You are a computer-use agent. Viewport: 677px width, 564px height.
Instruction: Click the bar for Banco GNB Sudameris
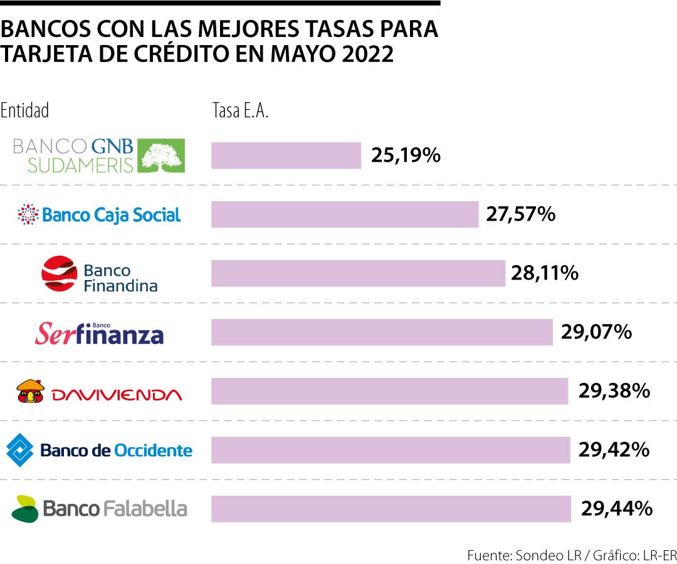(x=286, y=155)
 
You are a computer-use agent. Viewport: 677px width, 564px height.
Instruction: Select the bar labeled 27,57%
(x=345, y=214)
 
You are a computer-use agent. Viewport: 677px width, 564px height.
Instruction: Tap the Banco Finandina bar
(x=358, y=273)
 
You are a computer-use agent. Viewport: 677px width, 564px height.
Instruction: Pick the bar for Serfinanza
(x=382, y=332)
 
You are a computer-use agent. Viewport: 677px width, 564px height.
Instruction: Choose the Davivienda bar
(x=389, y=391)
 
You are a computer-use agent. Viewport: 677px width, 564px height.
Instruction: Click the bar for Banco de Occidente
(x=391, y=450)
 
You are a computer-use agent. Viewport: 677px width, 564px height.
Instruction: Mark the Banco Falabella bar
(x=391, y=509)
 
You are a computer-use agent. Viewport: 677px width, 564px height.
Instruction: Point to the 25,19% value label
(x=406, y=155)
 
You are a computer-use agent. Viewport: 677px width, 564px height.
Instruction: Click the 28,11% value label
(x=543, y=273)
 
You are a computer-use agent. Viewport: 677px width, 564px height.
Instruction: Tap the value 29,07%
(x=596, y=332)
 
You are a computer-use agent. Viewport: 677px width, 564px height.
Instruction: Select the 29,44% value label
(x=617, y=509)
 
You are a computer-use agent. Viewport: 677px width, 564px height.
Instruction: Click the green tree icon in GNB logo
(x=161, y=155)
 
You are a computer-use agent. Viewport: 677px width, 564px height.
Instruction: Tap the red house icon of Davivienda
(x=30, y=392)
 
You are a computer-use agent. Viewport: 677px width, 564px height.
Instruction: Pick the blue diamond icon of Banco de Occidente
(x=20, y=450)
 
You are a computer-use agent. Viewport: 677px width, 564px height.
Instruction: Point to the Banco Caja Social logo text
(x=111, y=215)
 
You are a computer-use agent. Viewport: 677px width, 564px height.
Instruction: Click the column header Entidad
(x=25, y=111)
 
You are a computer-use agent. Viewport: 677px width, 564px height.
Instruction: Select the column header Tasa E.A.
(x=240, y=111)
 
